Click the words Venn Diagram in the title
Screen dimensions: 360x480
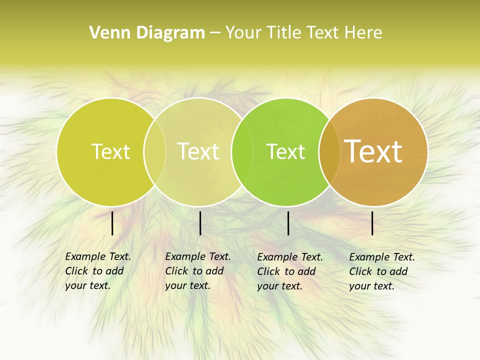tap(147, 33)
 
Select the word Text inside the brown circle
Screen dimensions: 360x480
tap(373, 151)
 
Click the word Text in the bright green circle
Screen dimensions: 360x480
tap(285, 152)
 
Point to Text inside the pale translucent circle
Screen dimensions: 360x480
tap(198, 151)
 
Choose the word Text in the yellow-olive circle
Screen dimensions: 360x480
tap(110, 151)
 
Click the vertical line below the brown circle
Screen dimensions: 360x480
tap(372, 223)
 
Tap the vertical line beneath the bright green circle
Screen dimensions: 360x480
tap(288, 223)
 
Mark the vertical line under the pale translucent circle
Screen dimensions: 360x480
tap(200, 223)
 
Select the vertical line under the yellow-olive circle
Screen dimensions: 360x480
tap(112, 223)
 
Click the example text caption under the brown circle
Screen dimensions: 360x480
tap(381, 271)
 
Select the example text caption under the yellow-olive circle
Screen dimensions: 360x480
tap(97, 271)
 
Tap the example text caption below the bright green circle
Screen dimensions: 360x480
tap(289, 271)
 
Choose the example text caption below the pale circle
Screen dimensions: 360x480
tap(197, 271)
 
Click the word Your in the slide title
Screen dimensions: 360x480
tap(243, 33)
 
